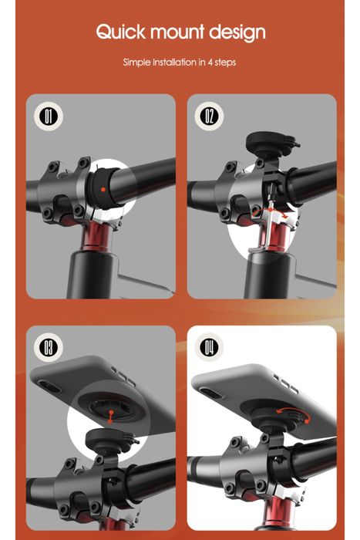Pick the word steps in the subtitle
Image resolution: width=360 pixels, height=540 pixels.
[x=226, y=62]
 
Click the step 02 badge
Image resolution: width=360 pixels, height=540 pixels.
[x=209, y=116]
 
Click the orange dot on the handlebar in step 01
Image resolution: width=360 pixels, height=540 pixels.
[x=103, y=187]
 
